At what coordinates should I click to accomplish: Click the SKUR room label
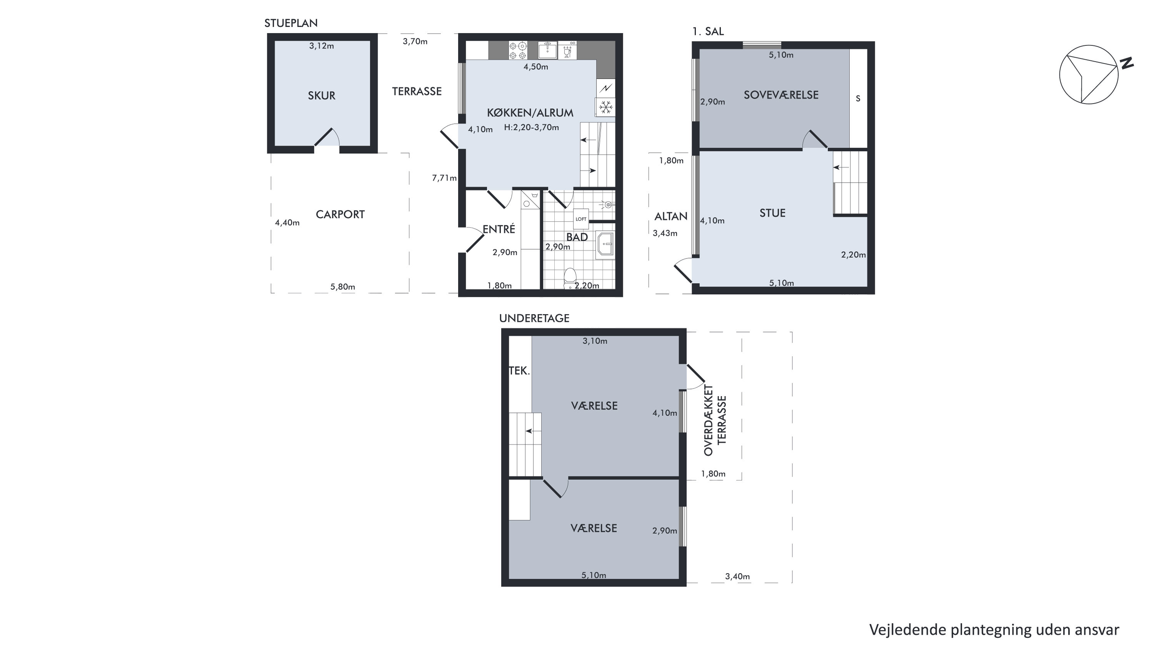pyautogui.click(x=321, y=95)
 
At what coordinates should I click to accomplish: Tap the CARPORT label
pyautogui.click(x=340, y=215)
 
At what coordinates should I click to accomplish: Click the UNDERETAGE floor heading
pyautogui.click(x=534, y=318)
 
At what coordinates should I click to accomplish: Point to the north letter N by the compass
pyautogui.click(x=1127, y=63)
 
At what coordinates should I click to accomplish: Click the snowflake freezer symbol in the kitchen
pyautogui.click(x=606, y=107)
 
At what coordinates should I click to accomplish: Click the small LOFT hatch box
pyautogui.click(x=580, y=219)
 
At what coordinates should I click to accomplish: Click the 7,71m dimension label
pyautogui.click(x=444, y=178)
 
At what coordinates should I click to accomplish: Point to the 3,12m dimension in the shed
pyautogui.click(x=321, y=46)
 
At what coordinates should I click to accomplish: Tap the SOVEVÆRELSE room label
pyautogui.click(x=781, y=95)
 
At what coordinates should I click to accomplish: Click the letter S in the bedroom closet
pyautogui.click(x=858, y=98)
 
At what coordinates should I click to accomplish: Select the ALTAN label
pyautogui.click(x=670, y=217)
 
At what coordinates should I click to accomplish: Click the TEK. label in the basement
pyautogui.click(x=519, y=371)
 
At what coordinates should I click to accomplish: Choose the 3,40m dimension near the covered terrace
pyautogui.click(x=737, y=576)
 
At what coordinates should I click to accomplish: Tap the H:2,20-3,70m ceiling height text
pyautogui.click(x=531, y=128)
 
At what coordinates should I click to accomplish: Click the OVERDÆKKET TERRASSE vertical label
pyautogui.click(x=715, y=420)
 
